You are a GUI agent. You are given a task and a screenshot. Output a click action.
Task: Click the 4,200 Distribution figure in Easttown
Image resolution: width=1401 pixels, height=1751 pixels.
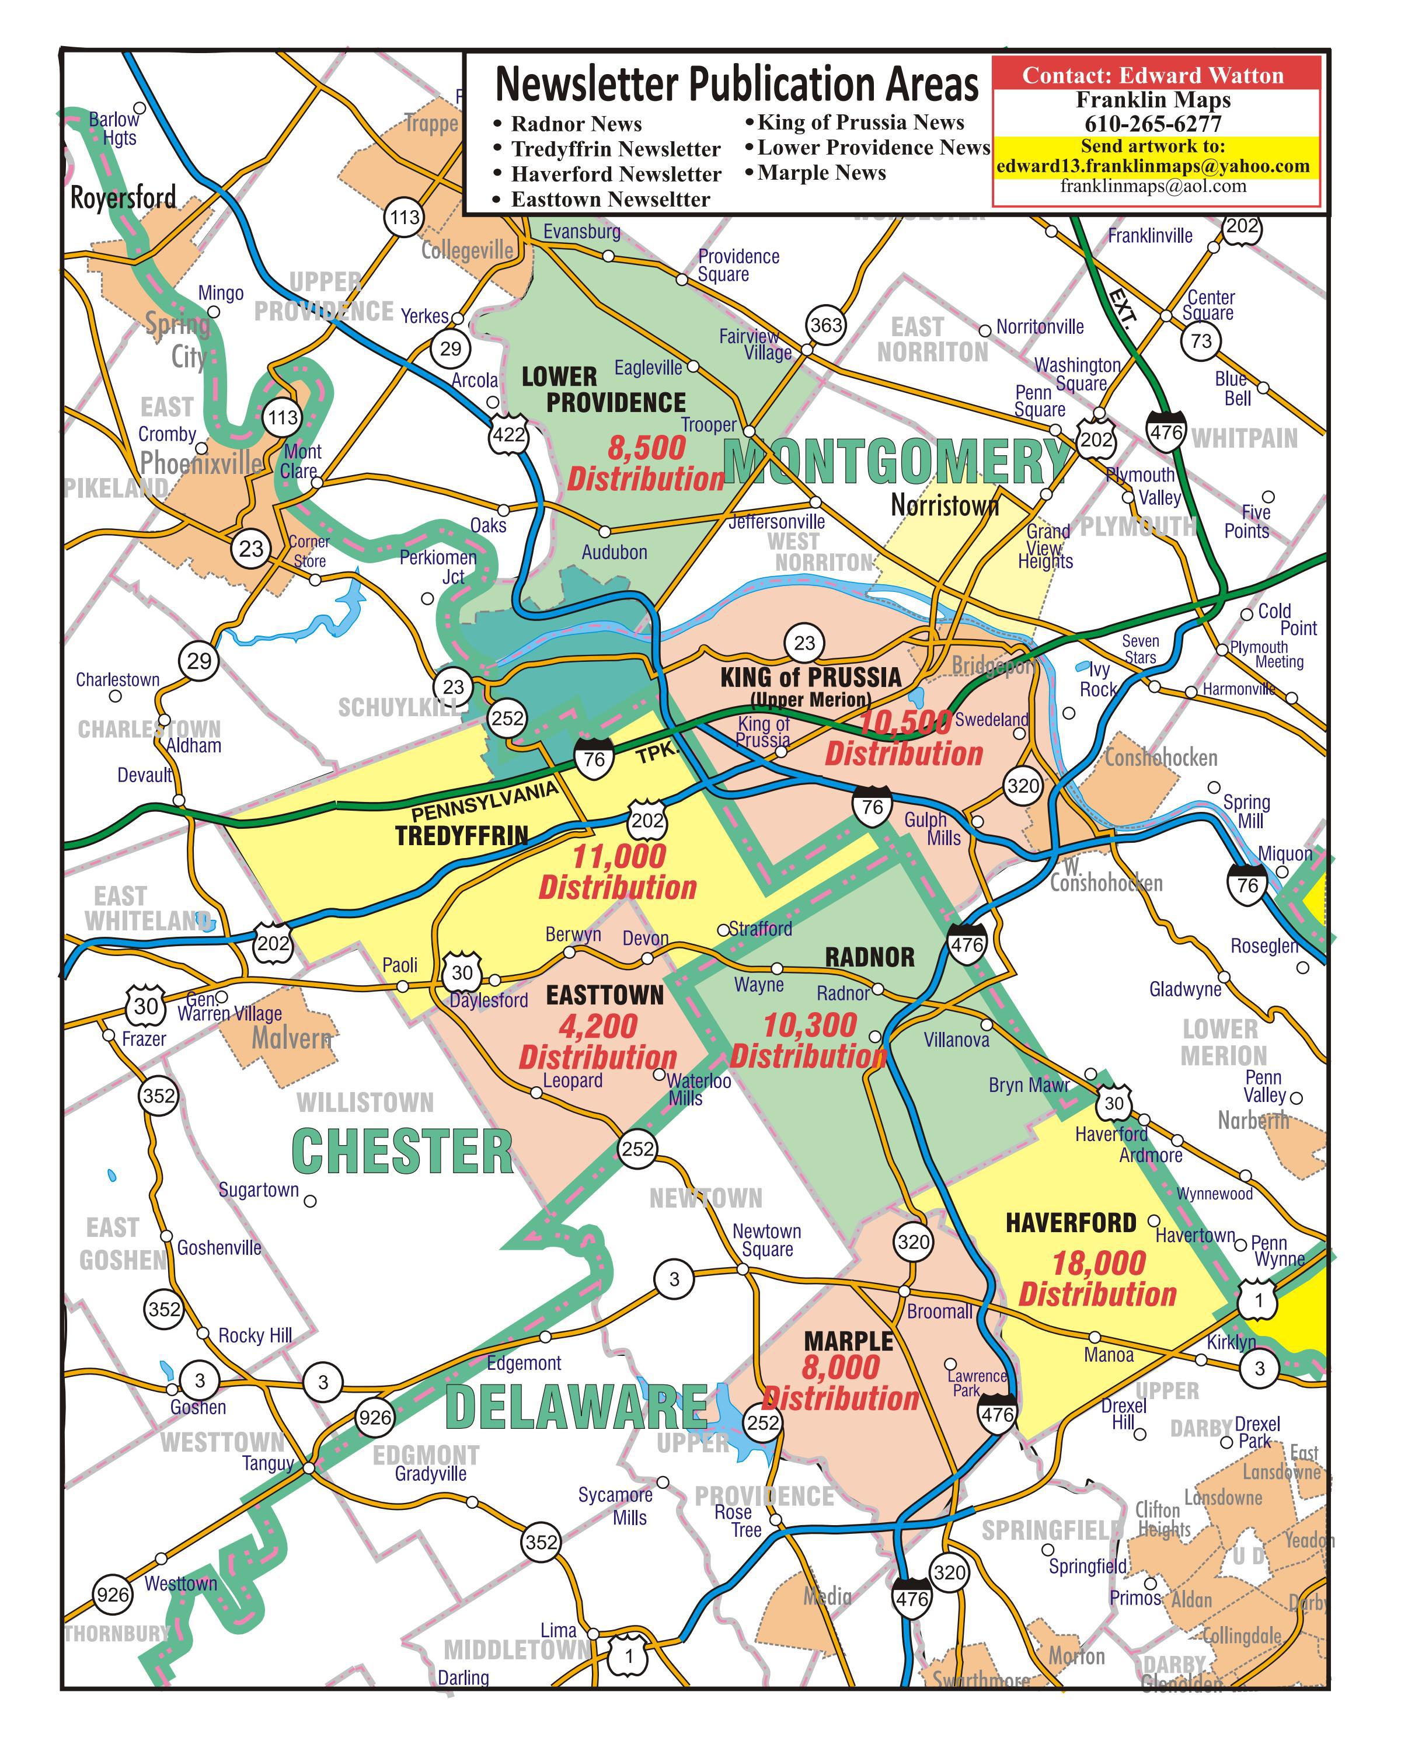click(x=598, y=1041)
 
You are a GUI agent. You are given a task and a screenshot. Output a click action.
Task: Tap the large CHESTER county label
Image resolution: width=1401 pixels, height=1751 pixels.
click(x=402, y=1152)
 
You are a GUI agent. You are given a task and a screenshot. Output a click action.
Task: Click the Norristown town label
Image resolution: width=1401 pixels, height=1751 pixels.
click(x=945, y=506)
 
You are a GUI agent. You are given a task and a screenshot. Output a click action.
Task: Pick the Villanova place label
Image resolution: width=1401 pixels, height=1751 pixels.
click(x=956, y=1040)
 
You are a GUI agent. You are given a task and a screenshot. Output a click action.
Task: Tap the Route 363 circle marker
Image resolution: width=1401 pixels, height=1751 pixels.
click(x=826, y=325)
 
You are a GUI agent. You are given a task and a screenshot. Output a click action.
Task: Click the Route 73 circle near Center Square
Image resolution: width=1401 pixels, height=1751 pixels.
click(x=1200, y=340)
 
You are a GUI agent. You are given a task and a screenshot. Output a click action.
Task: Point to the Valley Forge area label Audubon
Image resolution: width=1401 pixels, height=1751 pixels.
click(x=614, y=552)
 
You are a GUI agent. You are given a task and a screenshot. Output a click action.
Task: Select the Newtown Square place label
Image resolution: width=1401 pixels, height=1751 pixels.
click(x=766, y=1240)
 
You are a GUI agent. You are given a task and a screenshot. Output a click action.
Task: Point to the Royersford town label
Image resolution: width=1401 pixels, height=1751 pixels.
click(x=123, y=197)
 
